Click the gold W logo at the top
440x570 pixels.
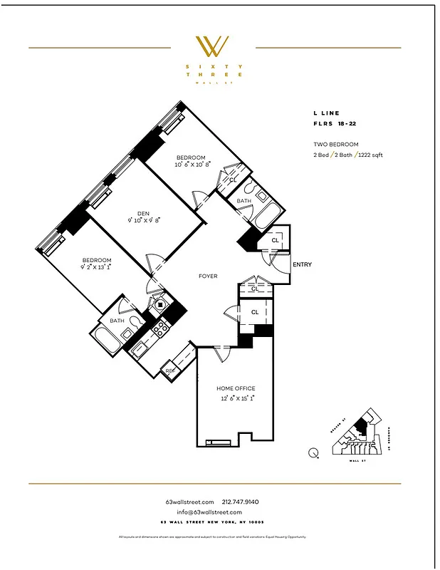pos(212,47)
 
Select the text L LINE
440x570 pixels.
pos(327,113)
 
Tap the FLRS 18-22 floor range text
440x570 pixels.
pos(335,124)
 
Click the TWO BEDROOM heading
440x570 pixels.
pos(336,145)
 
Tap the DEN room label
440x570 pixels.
pos(143,212)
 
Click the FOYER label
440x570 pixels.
pos(208,276)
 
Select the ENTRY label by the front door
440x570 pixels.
pos(302,265)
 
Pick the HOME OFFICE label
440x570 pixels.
pos(236,388)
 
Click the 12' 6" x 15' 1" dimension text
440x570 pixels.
pos(236,398)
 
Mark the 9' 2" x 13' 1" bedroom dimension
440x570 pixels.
pos(96,268)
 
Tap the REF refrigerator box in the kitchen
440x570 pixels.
pos(170,370)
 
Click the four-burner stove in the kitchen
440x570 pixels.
pos(160,328)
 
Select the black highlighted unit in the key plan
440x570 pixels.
pos(362,426)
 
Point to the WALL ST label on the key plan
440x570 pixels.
pos(354,461)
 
